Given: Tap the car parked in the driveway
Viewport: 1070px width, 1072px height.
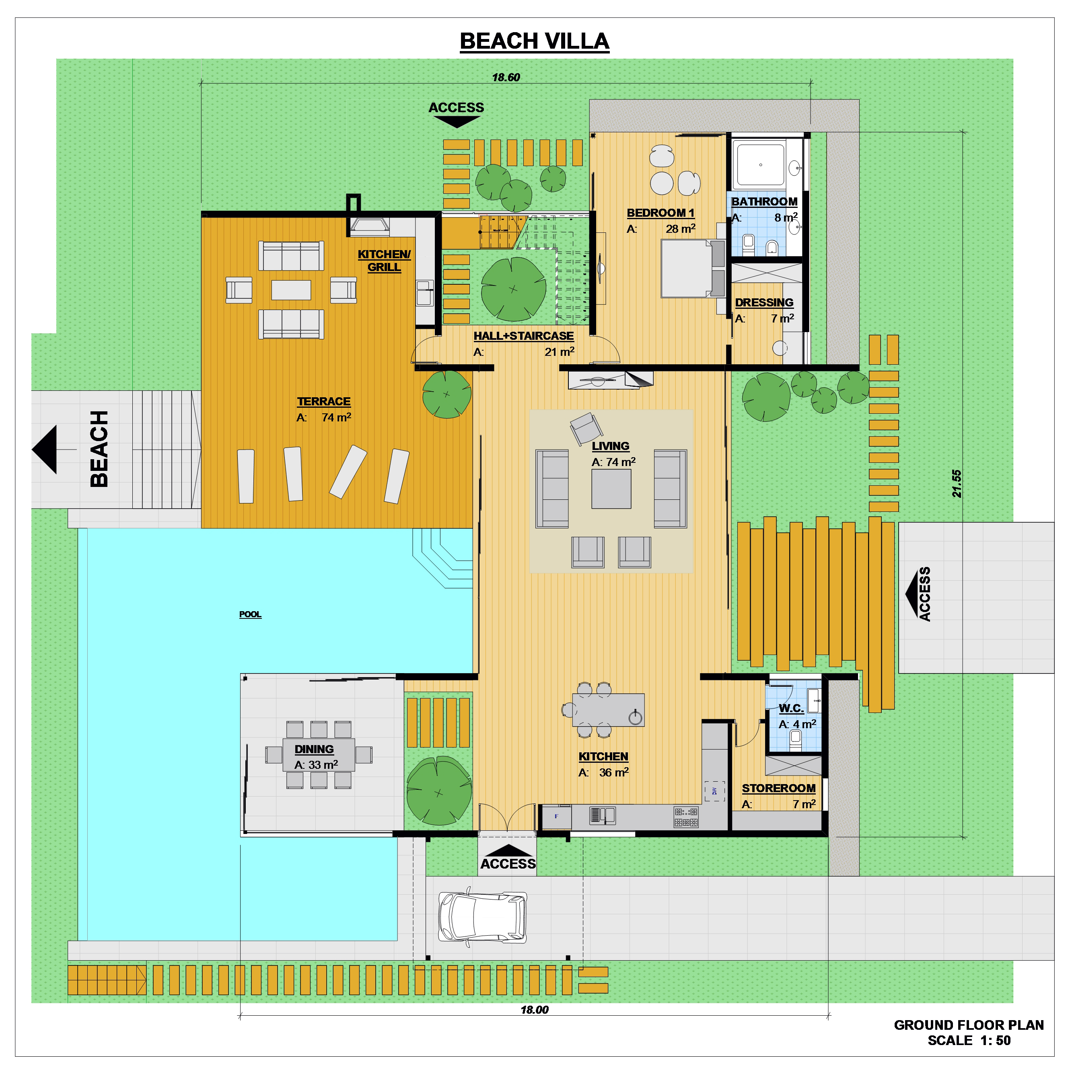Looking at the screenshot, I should tap(482, 917).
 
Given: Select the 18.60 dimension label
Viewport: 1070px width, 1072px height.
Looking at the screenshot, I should tap(506, 78).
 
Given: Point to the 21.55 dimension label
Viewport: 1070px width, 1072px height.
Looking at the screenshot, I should tap(956, 483).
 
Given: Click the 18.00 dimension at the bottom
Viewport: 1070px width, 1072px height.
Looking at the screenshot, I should tap(534, 1010).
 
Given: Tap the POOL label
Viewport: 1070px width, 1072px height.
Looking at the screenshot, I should tap(250, 614).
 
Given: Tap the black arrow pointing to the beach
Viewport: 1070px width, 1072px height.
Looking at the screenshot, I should tap(45, 450).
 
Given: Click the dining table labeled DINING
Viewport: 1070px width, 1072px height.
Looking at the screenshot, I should tap(319, 755).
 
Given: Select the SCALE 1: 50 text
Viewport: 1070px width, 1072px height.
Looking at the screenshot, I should tap(969, 1040).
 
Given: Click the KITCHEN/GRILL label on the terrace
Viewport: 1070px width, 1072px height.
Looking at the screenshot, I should tap(384, 260).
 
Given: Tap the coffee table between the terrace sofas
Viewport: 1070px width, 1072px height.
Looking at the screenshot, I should tap(291, 290).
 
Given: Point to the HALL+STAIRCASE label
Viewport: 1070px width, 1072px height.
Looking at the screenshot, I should tap(523, 336).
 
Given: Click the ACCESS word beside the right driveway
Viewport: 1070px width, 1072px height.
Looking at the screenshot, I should tap(924, 594).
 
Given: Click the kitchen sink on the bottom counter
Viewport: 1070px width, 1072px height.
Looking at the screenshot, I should tap(602, 815).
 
